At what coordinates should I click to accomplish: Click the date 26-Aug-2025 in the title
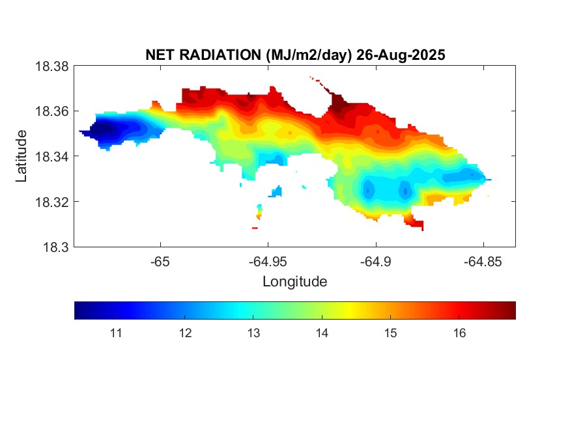click(400, 56)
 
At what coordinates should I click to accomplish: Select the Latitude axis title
click(22, 156)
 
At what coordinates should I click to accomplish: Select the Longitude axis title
click(294, 282)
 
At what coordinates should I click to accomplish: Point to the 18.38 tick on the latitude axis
click(51, 66)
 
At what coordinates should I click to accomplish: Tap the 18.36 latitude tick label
click(51, 111)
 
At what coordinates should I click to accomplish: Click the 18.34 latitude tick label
click(51, 157)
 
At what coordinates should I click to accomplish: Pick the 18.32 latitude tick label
click(51, 202)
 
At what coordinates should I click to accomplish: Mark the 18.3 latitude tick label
click(55, 247)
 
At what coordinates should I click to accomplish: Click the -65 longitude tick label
click(160, 262)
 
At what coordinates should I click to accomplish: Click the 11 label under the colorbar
click(116, 334)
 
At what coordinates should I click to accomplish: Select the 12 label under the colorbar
click(185, 334)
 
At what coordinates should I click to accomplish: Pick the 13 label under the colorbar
click(253, 334)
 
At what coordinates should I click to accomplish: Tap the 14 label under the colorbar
click(322, 334)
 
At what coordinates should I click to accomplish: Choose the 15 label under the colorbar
click(390, 334)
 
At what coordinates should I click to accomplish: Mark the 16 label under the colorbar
click(459, 334)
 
